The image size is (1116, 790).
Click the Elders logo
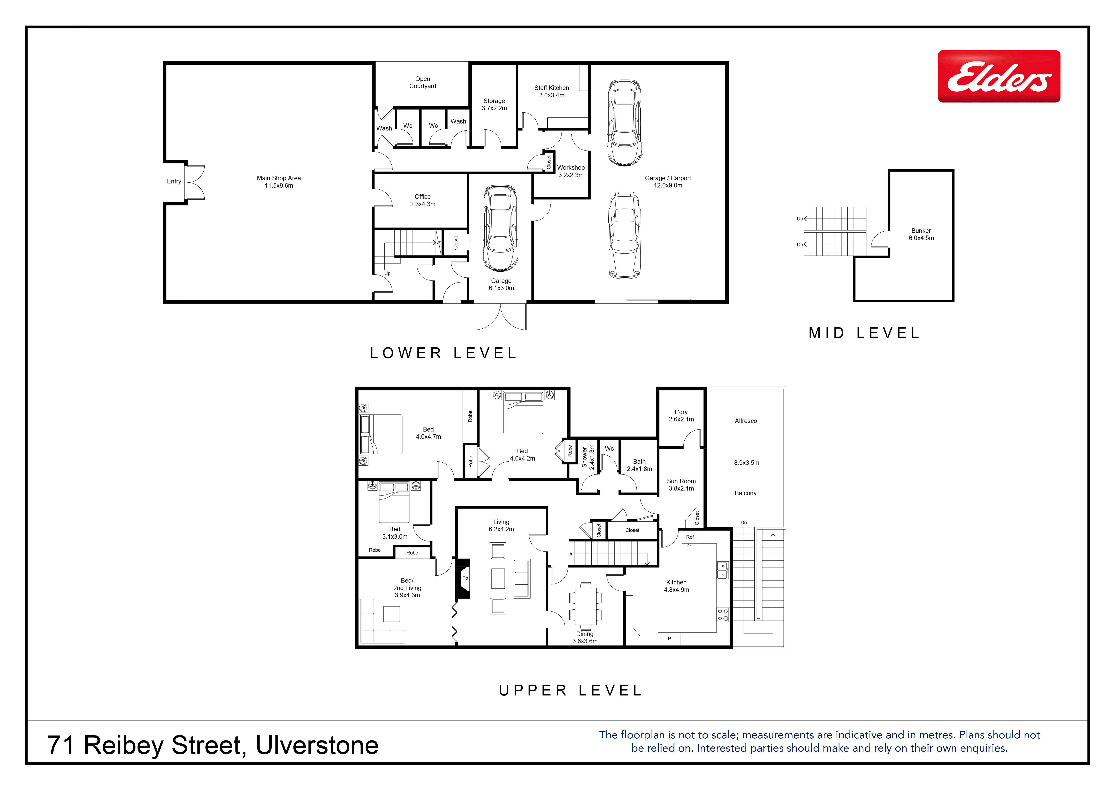click(999, 76)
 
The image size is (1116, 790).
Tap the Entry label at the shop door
click(174, 181)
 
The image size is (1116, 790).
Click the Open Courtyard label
click(422, 82)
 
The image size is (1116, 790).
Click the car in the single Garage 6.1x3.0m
click(500, 228)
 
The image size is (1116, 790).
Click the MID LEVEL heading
click(864, 333)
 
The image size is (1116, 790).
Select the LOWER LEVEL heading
click(443, 353)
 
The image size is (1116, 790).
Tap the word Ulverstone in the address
click(317, 746)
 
